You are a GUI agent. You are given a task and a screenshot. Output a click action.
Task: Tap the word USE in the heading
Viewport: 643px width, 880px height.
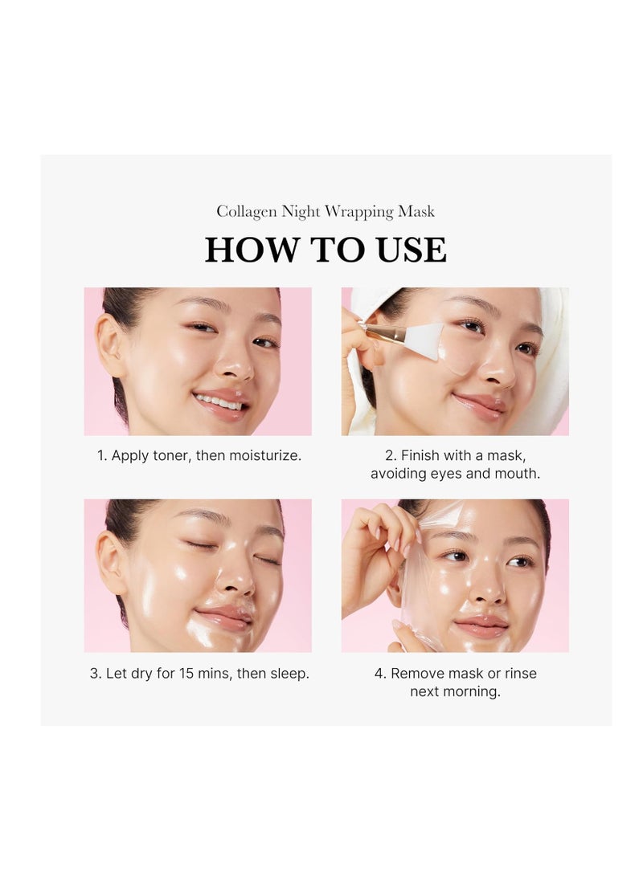(412, 250)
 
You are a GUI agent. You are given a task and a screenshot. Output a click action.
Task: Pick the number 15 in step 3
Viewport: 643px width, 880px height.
(186, 673)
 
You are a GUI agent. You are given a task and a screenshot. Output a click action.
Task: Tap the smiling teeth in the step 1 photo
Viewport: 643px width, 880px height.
(219, 401)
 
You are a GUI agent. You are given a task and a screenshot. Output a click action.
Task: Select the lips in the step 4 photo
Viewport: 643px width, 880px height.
(481, 625)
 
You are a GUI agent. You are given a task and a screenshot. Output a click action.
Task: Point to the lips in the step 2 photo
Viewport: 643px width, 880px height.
(480, 406)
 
